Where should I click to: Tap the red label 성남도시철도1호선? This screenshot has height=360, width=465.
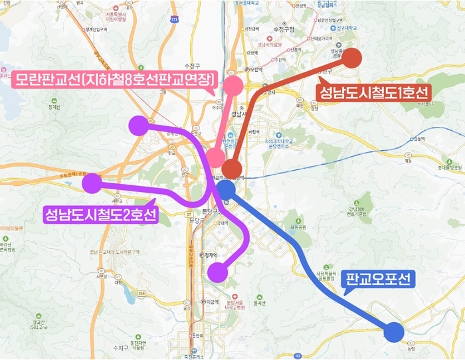pos(375,92)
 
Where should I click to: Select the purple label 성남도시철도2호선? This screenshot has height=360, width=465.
pos(100,215)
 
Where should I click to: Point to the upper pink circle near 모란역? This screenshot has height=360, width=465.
pos(233,86)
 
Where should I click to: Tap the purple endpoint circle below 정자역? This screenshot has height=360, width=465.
pos(217,272)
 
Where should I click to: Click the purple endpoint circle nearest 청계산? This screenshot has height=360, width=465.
pos(138,125)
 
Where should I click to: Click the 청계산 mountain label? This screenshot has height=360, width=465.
pos(54,106)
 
